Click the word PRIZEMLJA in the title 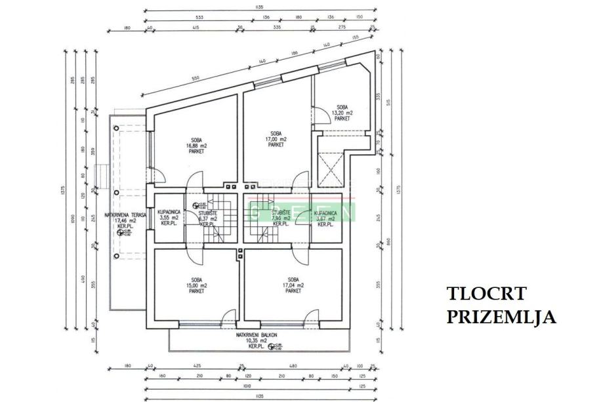tap(502, 317)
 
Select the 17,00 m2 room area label tap(275, 139)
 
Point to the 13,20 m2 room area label tap(341, 113)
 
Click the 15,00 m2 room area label tap(195, 286)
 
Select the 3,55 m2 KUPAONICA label tap(169, 218)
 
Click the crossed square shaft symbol tap(331, 169)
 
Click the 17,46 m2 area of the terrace tap(121, 221)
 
